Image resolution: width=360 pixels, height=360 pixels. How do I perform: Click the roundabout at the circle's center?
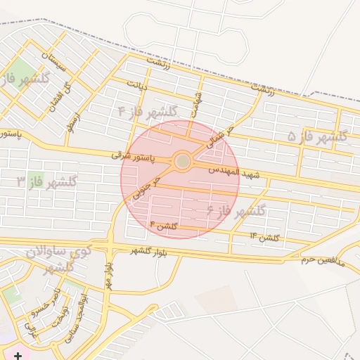(x=183, y=162)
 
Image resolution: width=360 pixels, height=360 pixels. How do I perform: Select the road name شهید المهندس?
(x=234, y=172)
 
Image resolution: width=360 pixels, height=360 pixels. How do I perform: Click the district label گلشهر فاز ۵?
(x=317, y=136)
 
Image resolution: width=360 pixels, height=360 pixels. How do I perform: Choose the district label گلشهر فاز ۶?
(x=236, y=210)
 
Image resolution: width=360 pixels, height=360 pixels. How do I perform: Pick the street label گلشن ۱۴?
(x=264, y=238)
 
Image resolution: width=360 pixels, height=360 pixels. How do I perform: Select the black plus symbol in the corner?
(x=17, y=356)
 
